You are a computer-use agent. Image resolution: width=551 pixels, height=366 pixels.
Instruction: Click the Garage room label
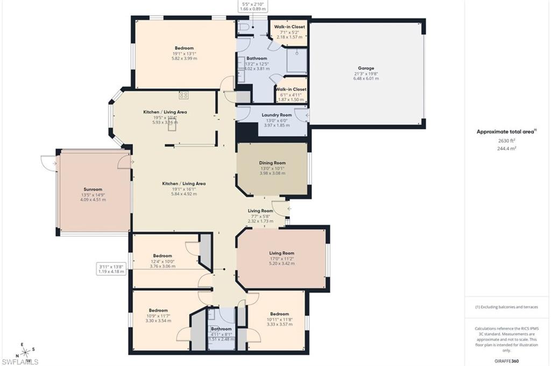(x=366, y=68)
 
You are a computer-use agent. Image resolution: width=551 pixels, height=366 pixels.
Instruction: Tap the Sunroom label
(x=93, y=189)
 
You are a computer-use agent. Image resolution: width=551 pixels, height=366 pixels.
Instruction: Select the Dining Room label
(x=272, y=163)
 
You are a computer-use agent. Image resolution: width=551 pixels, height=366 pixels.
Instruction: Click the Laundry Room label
(x=277, y=115)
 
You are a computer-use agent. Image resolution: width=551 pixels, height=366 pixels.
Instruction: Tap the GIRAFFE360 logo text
(x=507, y=361)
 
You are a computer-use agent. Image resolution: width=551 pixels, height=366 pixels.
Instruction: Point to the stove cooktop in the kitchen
(x=183, y=95)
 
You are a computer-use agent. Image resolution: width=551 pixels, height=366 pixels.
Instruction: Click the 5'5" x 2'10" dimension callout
(x=253, y=6)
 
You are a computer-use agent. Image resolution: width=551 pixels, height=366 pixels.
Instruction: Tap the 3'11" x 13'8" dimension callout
(x=111, y=269)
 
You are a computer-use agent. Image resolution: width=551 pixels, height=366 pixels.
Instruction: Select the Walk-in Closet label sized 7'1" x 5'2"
(x=289, y=27)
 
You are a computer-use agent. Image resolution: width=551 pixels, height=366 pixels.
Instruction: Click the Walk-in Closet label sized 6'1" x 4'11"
(x=291, y=89)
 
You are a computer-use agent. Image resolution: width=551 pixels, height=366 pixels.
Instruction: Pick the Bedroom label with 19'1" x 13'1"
(x=184, y=48)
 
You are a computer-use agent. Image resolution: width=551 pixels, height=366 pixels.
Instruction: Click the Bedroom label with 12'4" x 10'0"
(x=162, y=256)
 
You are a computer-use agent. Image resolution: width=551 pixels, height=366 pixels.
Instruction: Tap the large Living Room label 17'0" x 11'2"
(x=281, y=253)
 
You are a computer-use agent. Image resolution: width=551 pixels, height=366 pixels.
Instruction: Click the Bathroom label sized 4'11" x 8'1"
(x=221, y=329)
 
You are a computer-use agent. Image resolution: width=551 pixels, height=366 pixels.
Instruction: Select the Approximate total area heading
(x=507, y=131)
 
